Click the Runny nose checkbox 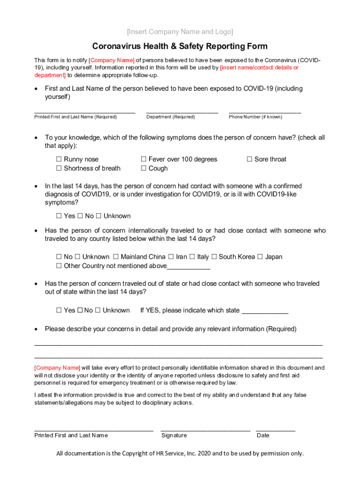point(59,160)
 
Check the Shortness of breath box point(59,168)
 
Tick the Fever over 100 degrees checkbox point(144,160)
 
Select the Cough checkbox point(144,168)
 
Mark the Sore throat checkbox point(250,160)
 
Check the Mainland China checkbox point(116,257)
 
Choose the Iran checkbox point(171,257)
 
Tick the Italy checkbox point(192,257)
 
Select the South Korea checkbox point(214,257)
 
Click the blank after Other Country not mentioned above point(188,267)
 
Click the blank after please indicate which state point(265,311)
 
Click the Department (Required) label point(170,117)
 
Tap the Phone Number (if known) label point(255,117)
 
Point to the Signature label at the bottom point(174,435)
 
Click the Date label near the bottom point(263,435)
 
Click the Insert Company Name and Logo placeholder point(180,32)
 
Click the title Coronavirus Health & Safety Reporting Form point(180,46)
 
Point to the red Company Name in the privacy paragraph point(57,368)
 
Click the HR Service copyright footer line point(180,453)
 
